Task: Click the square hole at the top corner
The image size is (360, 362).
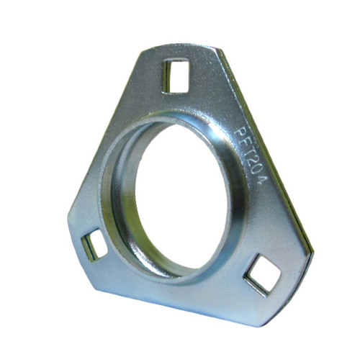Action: click(176, 74)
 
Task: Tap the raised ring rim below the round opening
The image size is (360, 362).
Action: click(187, 277)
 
